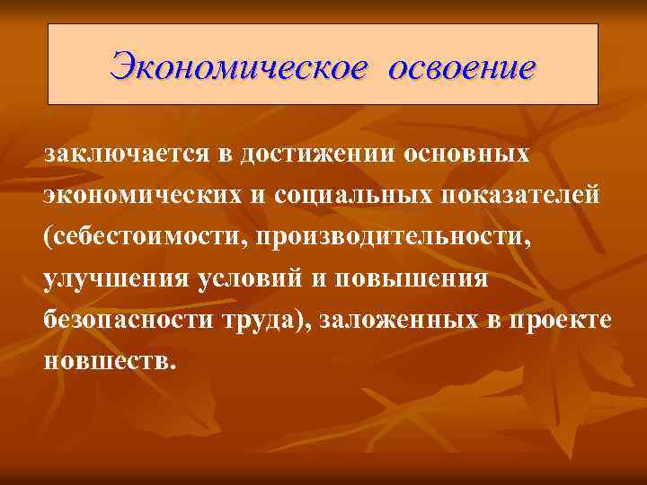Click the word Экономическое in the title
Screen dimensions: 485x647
[238, 66]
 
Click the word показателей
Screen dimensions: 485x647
[520, 196]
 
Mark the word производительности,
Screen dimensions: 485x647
[409, 237]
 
